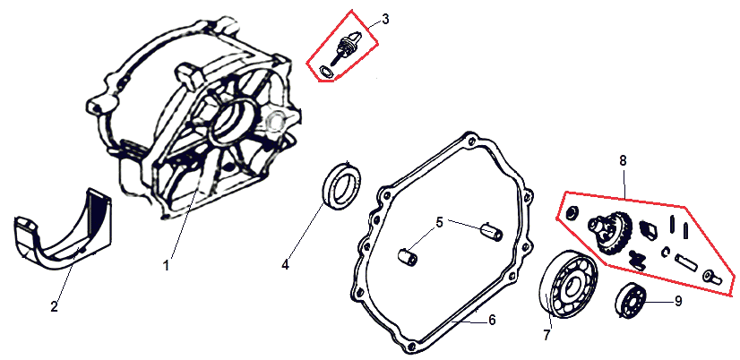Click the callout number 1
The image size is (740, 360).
point(166,266)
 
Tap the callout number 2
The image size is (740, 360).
point(55,306)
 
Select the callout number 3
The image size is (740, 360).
point(385,20)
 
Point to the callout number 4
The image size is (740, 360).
point(285,265)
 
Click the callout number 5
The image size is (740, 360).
point(439,222)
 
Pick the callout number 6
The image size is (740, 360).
point(492,321)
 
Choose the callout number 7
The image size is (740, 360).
point(546,335)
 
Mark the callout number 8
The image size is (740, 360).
point(623,160)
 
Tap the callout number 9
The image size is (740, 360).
point(677,301)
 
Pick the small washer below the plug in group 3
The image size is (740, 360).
point(325,72)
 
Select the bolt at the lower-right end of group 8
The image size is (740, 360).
point(711,278)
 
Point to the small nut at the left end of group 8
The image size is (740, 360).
point(571,212)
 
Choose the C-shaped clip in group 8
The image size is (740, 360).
point(665,252)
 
